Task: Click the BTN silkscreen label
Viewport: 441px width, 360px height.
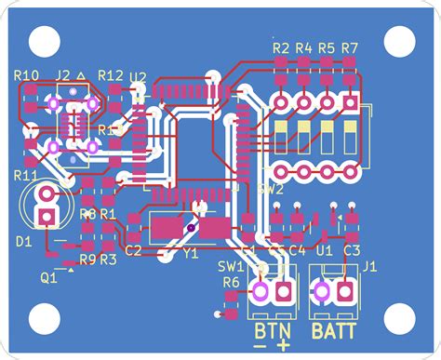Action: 272,330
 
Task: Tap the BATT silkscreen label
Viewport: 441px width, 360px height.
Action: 332,330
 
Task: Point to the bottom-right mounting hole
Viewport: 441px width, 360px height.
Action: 400,319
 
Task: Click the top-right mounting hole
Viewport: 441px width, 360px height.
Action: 400,40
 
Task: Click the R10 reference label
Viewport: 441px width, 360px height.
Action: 27,75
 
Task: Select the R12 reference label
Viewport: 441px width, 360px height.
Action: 110,75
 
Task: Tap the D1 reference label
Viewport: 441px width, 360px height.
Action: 24,242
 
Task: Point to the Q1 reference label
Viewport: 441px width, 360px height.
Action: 48,276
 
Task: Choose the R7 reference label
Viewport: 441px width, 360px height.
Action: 350,47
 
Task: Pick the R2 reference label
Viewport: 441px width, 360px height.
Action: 280,47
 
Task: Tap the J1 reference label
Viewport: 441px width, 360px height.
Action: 369,267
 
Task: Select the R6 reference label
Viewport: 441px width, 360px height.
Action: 231,281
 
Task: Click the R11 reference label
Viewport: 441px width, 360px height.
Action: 25,174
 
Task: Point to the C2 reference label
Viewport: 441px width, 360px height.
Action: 133,250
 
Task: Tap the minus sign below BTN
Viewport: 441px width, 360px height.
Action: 260,346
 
